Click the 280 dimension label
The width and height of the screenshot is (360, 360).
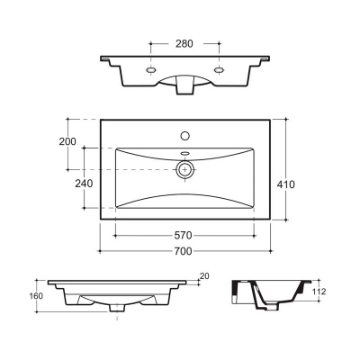[x=184, y=44]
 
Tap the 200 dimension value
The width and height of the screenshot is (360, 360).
[x=67, y=141]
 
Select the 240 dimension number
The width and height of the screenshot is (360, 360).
[x=84, y=184]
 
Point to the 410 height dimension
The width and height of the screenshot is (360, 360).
[x=286, y=184]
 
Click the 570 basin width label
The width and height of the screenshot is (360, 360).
[x=183, y=236]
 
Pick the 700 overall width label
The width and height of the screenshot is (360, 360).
[x=183, y=251]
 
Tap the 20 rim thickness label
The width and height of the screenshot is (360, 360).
[x=204, y=276]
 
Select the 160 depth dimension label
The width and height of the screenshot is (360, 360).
[x=36, y=296]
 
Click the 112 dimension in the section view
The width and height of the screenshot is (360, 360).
[x=319, y=292]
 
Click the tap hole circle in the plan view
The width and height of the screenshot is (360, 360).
[x=185, y=136]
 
